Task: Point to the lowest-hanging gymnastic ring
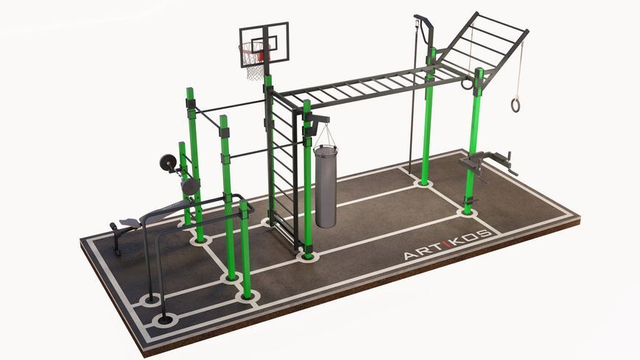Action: (516, 105)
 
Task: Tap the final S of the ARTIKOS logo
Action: (485, 234)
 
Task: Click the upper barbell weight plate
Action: (167, 163)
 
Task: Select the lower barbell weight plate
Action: (191, 186)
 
